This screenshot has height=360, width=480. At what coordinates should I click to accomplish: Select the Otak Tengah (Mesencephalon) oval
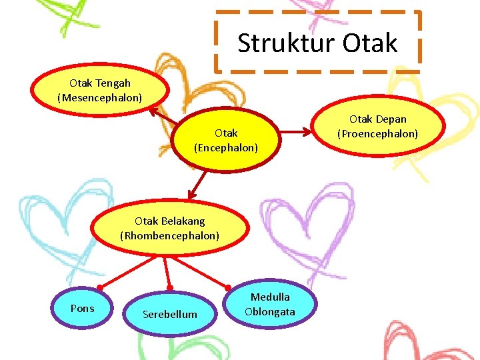[x=100, y=91]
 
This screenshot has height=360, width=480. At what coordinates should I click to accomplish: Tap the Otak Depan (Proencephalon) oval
[x=377, y=127]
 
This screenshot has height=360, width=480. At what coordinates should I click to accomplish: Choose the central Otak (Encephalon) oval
[x=225, y=140]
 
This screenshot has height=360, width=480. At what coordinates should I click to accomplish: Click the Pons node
[x=82, y=308]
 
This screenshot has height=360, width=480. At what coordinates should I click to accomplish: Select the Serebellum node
[x=169, y=313]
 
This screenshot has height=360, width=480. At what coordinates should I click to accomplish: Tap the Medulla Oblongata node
[x=270, y=305]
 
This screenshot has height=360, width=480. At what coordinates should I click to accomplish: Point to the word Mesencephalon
[x=100, y=98]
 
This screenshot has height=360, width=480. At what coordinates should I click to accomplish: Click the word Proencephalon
[x=378, y=134]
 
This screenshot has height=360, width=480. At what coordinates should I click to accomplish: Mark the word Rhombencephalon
[x=169, y=235]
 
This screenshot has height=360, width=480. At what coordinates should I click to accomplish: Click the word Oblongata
[x=270, y=312]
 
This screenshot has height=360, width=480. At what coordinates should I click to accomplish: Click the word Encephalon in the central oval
[x=226, y=148]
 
